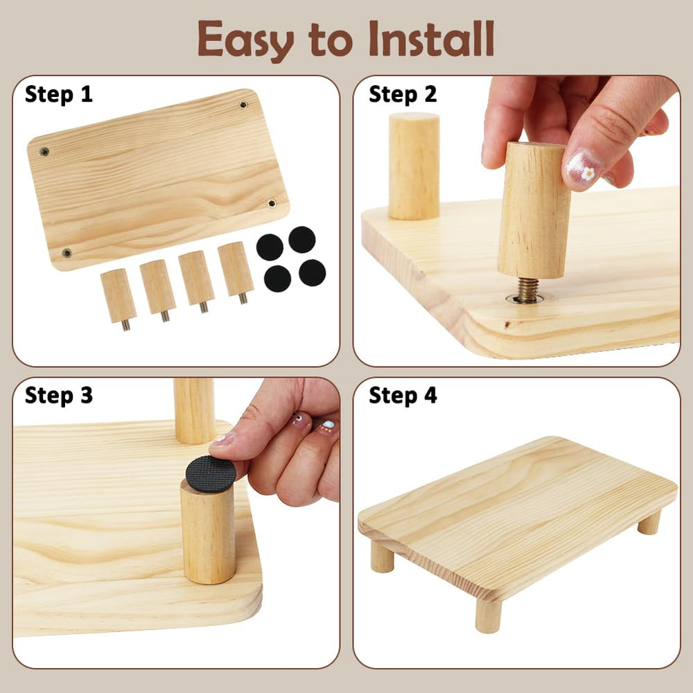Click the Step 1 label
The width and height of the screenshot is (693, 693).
tap(58, 94)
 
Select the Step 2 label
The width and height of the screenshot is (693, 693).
tap(403, 94)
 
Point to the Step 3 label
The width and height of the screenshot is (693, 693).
tap(58, 395)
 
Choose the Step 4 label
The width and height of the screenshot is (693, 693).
tap(403, 395)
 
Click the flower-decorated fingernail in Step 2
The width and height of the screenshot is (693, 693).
tap(584, 169)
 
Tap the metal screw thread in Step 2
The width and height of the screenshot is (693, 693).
tap(527, 290)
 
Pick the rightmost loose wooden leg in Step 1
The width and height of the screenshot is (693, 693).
tap(236, 272)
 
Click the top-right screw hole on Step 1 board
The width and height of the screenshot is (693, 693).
tap(243, 105)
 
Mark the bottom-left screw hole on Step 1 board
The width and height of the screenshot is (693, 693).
tap(67, 253)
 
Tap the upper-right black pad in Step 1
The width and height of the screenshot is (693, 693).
tap(302, 240)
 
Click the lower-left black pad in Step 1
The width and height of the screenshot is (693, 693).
tap(278, 279)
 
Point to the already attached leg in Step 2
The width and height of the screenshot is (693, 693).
tap(414, 166)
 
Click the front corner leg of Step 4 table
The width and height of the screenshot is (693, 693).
tap(488, 615)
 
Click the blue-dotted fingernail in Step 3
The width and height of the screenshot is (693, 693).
tap(328, 426)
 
